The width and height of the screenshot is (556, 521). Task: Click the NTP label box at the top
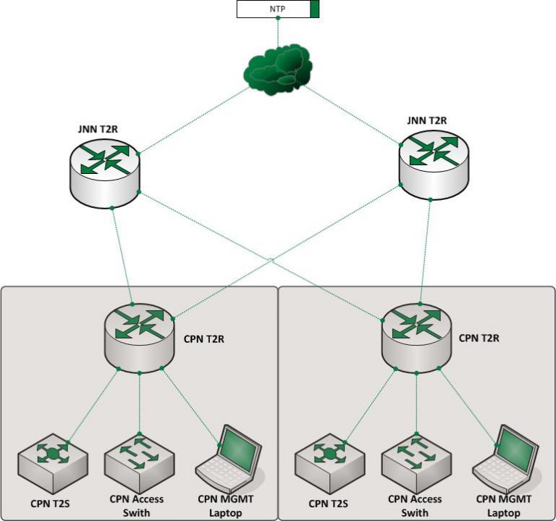(274, 9)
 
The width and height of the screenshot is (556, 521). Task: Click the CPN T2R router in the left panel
(139, 334)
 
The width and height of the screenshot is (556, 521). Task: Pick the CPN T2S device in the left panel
(54, 457)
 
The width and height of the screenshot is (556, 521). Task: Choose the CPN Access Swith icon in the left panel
(138, 456)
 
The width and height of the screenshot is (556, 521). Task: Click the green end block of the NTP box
(314, 9)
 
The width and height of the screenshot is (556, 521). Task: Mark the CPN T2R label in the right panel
(479, 338)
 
